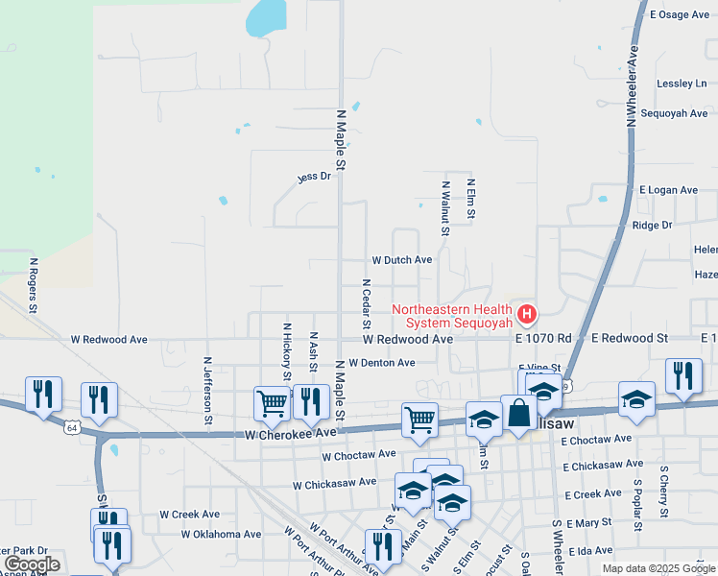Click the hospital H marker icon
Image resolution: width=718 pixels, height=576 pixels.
click(x=526, y=313)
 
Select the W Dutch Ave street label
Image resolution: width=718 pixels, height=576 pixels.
click(x=402, y=260)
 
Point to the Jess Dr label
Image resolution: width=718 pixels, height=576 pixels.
click(x=313, y=177)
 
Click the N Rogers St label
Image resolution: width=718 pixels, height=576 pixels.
click(x=33, y=285)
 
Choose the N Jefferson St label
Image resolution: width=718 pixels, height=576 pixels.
click(x=207, y=391)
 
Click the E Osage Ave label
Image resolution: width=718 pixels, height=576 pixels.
click(x=680, y=14)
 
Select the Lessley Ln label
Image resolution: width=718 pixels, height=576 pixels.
click(x=682, y=84)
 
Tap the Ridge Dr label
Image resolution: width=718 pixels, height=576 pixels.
click(x=653, y=226)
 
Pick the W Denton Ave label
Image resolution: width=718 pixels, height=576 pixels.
click(x=381, y=363)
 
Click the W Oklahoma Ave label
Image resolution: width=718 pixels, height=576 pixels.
click(x=222, y=534)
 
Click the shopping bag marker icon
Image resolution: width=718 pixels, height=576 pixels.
click(x=518, y=413)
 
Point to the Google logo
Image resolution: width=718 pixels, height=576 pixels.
click(x=31, y=564)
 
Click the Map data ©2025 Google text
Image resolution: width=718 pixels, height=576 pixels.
click(x=658, y=568)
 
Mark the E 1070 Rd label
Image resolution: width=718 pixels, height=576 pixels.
click(x=542, y=339)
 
